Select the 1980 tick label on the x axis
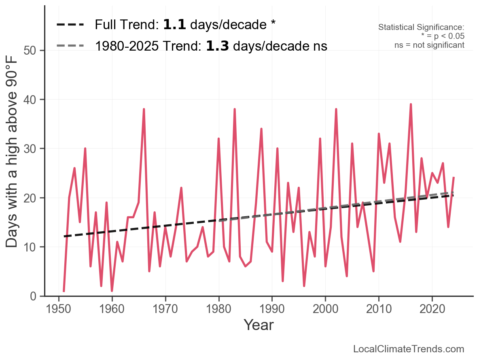pos(218,309)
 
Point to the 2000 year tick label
pos(325,309)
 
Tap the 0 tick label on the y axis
pos(35,296)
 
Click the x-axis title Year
pos(259,325)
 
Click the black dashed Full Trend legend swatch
pos(70,25)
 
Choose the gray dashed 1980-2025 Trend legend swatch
pos(70,46)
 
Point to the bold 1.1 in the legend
pos(174,25)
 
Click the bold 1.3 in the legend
pos(217,46)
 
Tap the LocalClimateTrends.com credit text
pos(409,349)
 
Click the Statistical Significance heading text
pos(421,27)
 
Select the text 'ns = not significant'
pos(429,45)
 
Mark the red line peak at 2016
pos(411,104)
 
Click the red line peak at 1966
pos(144,109)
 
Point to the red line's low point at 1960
pos(112,291)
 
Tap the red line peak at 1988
pos(261,129)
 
